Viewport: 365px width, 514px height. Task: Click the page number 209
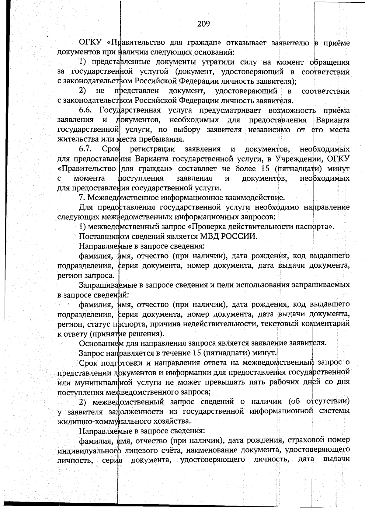203,24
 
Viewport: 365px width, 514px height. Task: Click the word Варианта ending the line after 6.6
332,120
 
